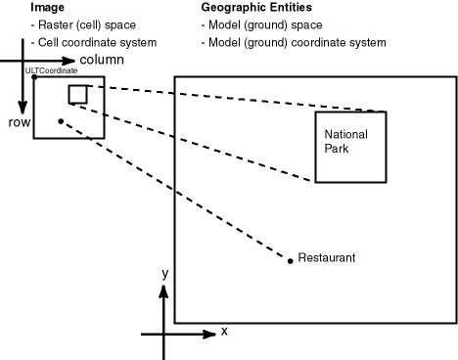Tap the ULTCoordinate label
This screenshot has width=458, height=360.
[51, 71]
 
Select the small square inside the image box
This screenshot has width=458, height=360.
[77, 94]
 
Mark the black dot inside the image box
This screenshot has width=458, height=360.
[61, 121]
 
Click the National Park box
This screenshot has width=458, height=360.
[350, 147]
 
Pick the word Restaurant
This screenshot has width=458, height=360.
[326, 258]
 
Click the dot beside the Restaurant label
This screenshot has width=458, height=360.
[290, 260]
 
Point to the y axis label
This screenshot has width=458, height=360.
[166, 275]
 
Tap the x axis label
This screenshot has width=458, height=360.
[224, 332]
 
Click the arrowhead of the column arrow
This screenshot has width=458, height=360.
[69, 61]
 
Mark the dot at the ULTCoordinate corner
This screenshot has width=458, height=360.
[34, 75]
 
